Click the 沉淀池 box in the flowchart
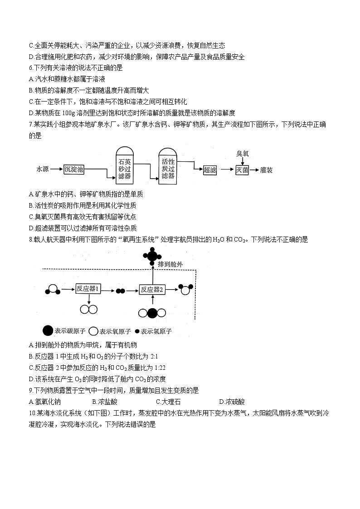(x=73, y=170)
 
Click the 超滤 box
(x=209, y=170)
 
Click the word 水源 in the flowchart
(x=43, y=170)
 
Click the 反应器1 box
(x=88, y=289)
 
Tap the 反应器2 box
(x=152, y=289)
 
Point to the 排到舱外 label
(x=171, y=264)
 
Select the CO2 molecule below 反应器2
(x=152, y=313)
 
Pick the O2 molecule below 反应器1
(x=88, y=309)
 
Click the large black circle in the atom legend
(x=47, y=331)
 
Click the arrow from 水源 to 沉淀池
(x=56, y=170)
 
